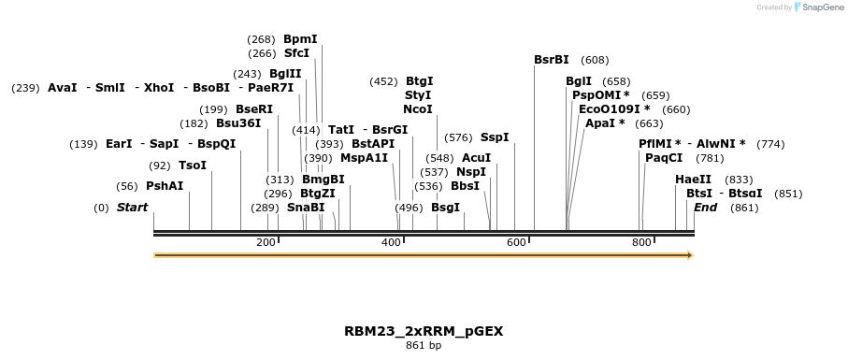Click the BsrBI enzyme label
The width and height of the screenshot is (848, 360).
(552, 60)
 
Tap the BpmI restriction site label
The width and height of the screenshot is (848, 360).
(300, 39)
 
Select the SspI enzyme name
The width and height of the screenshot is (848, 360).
(495, 137)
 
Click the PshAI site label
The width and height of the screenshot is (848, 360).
(165, 186)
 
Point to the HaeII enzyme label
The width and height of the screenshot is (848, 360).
(693, 180)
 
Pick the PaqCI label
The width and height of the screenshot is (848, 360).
(664, 158)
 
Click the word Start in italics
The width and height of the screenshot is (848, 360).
(132, 208)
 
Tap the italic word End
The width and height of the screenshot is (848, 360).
(705, 208)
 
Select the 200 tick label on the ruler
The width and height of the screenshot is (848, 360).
(266, 243)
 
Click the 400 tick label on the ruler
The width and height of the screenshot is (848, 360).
(391, 243)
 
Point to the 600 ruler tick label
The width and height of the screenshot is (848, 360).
(516, 243)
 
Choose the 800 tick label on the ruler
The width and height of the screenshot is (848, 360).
(641, 243)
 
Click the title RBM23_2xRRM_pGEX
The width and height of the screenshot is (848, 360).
(424, 331)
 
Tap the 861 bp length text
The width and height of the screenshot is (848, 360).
(424, 346)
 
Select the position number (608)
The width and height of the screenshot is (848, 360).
(595, 60)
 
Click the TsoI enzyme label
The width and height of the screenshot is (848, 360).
(192, 166)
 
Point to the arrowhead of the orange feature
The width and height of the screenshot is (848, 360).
(689, 254)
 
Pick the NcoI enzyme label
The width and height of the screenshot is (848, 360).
(417, 109)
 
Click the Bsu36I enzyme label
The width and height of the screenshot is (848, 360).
(238, 122)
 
